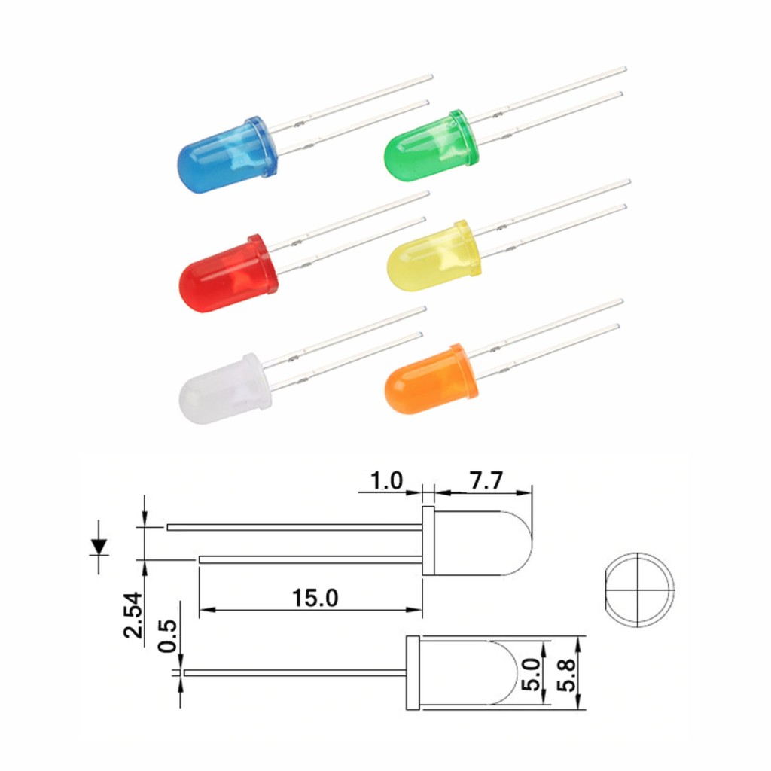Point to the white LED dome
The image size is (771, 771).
click(224, 389)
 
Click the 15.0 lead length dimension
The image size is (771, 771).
click(315, 599)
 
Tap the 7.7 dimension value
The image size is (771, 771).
click(486, 480)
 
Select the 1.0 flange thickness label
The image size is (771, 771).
click(386, 480)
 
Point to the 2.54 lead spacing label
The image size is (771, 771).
click(133, 614)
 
